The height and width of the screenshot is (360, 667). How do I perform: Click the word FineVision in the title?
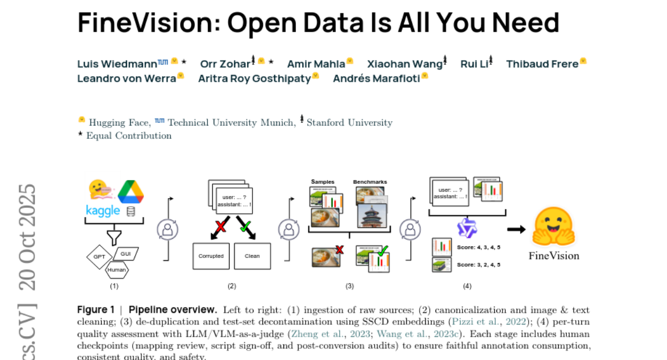(x=147, y=23)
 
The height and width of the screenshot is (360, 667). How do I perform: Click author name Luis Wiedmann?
(x=117, y=64)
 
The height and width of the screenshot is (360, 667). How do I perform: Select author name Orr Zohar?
(x=225, y=64)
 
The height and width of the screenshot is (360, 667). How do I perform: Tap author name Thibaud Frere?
(x=542, y=64)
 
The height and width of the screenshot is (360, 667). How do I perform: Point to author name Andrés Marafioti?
(x=376, y=78)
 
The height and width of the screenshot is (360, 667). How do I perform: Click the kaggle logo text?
(x=103, y=211)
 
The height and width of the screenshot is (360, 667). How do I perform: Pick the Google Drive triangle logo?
(x=131, y=192)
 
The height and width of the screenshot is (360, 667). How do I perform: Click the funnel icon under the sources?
(x=114, y=236)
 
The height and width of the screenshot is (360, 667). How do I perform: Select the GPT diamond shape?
(x=99, y=257)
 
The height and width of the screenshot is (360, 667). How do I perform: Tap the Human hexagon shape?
(x=116, y=270)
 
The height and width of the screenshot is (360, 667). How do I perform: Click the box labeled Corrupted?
(x=211, y=256)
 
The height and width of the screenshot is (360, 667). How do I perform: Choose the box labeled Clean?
(x=252, y=256)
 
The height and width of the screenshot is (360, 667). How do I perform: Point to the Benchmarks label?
(x=370, y=182)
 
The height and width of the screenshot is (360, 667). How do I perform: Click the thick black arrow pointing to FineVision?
(x=516, y=229)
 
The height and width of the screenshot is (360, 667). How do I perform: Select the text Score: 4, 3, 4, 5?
(x=479, y=247)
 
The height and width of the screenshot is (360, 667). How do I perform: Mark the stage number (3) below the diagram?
(x=350, y=286)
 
